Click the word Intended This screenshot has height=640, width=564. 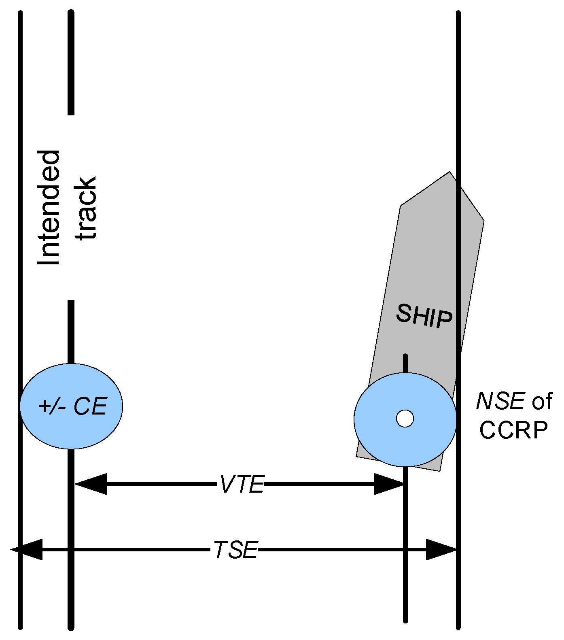click(x=49, y=208)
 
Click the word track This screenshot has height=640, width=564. click(x=87, y=208)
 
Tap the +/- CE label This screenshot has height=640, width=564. click(x=72, y=406)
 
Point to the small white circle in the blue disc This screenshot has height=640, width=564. click(x=405, y=418)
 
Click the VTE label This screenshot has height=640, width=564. click(x=242, y=484)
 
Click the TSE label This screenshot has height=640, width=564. click(x=235, y=550)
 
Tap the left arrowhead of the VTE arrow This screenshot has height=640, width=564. click(x=91, y=484)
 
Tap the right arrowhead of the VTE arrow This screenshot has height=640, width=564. click(x=389, y=484)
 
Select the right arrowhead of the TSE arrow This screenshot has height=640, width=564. click(x=441, y=549)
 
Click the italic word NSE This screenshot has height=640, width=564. click(x=500, y=402)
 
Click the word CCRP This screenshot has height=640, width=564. click(x=513, y=430)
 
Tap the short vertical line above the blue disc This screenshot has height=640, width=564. click(x=405, y=363)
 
